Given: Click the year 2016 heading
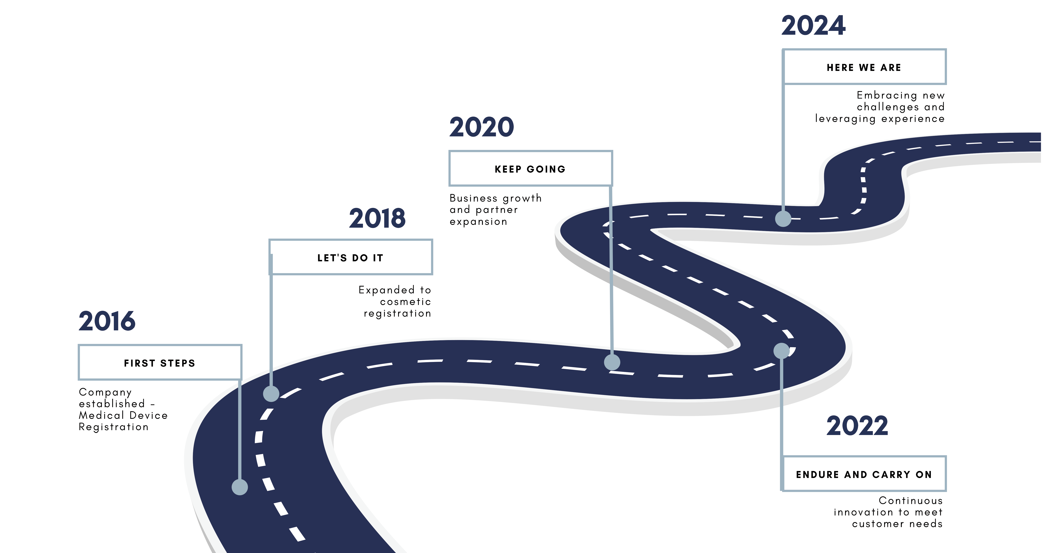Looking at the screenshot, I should click(107, 321).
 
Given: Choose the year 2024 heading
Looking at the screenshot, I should click(813, 26).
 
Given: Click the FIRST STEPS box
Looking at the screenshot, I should click(160, 363).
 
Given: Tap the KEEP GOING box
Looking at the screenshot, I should click(530, 168).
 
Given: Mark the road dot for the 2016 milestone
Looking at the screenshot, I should click(239, 487).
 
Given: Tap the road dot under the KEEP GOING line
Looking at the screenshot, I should click(612, 362).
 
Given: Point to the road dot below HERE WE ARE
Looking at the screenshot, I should click(783, 219).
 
